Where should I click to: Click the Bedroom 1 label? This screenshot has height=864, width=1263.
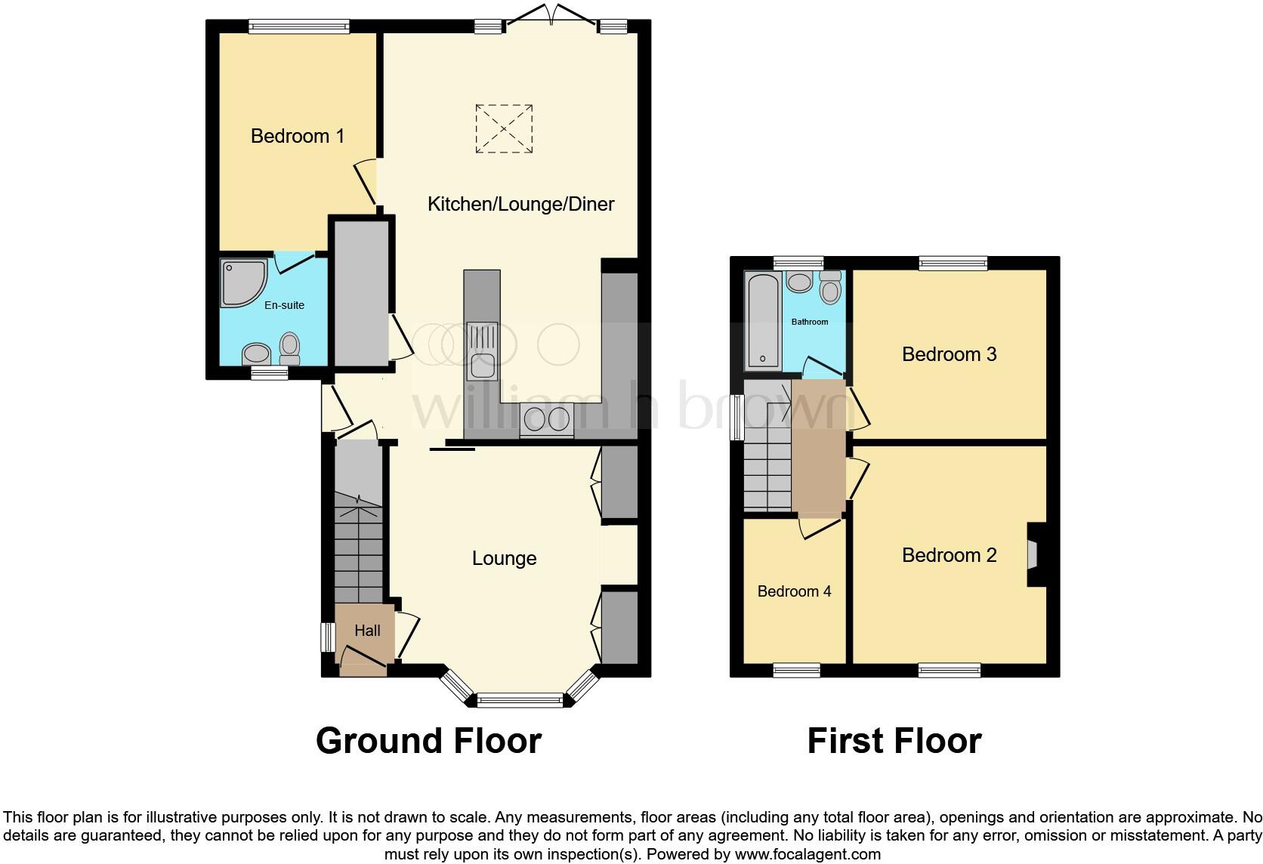click(298, 136)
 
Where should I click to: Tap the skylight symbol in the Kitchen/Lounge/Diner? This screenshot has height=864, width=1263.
click(504, 129)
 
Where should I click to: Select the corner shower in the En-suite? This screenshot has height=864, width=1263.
click(242, 282)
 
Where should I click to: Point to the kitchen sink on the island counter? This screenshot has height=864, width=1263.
click(481, 352)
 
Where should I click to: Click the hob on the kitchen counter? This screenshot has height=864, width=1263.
click(547, 420)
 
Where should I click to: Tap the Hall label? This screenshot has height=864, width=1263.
click(367, 631)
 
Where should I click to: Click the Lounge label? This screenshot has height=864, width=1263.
click(504, 558)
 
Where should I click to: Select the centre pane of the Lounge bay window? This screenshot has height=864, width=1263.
click(520, 701)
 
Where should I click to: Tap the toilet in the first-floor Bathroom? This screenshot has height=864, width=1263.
click(830, 287)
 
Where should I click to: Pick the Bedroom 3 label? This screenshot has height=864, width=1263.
click(949, 354)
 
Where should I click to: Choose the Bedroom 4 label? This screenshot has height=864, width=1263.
click(794, 591)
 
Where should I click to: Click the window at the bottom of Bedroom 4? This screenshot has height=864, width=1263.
click(796, 670)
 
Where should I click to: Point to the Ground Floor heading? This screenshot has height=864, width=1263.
click(428, 741)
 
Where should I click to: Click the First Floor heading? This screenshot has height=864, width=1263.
click(894, 741)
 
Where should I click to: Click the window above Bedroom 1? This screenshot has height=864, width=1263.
click(299, 26)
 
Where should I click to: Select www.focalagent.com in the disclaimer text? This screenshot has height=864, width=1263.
click(808, 854)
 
